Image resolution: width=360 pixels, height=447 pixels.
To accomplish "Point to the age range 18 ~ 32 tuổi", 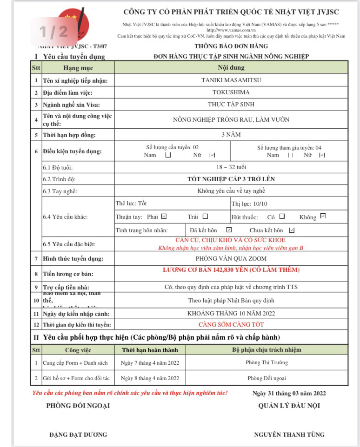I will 231,167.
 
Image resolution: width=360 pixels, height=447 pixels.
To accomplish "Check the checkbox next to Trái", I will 205,217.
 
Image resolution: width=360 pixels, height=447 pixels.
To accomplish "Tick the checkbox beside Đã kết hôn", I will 229,230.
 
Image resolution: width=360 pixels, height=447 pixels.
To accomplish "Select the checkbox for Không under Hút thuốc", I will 323,216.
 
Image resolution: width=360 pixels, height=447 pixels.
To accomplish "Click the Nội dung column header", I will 231,68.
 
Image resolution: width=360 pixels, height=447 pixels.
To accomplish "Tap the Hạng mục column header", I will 78,68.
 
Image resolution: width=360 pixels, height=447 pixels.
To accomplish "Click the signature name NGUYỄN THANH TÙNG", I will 289,435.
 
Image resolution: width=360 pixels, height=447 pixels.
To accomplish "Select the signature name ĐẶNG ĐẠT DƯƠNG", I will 78,435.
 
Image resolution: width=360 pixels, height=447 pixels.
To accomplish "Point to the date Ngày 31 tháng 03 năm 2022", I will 289,394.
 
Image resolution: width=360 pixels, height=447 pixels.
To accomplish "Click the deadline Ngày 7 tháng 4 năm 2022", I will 150,363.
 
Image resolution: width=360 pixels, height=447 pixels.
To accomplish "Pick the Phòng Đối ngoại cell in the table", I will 267,378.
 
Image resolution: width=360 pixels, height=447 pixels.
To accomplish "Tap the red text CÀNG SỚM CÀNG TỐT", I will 231,325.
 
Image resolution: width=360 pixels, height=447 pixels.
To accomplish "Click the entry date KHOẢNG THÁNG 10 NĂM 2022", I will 231,314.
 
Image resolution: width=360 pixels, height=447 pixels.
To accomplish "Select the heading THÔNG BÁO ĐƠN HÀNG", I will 231,46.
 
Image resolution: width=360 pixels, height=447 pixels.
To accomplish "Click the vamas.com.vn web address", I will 231,30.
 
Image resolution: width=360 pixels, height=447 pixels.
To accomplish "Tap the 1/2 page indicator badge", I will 53,32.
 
